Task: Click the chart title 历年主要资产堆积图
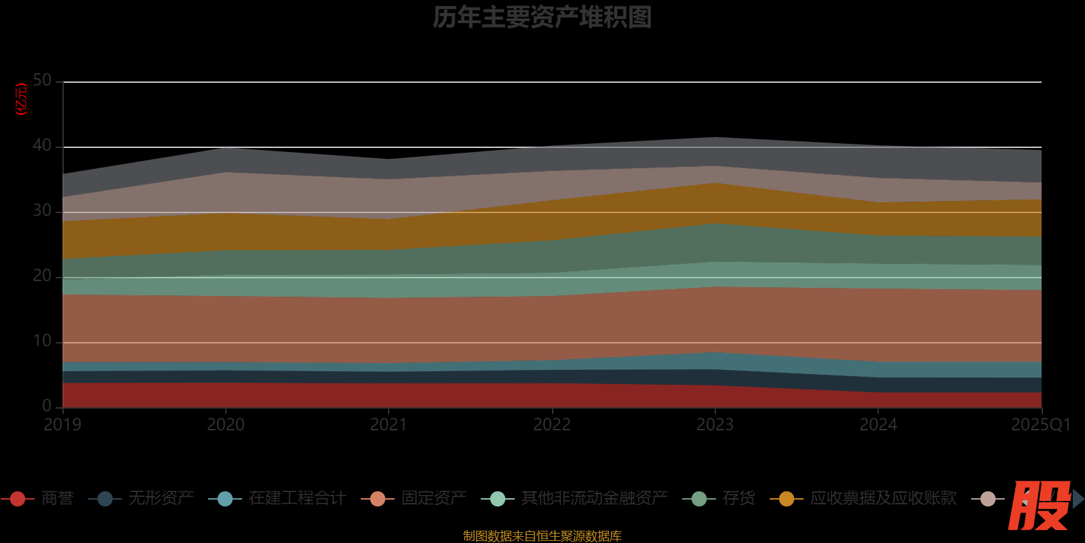pyautogui.click(x=542, y=18)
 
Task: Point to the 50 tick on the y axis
pyautogui.click(x=42, y=81)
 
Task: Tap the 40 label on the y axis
pyautogui.click(x=42, y=146)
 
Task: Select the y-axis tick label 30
pyautogui.click(x=42, y=211)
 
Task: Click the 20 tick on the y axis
pyautogui.click(x=42, y=276)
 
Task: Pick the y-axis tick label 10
pyautogui.click(x=42, y=341)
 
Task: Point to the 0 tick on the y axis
pyautogui.click(x=47, y=406)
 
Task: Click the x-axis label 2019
pyautogui.click(x=62, y=425)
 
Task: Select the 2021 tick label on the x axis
pyautogui.click(x=389, y=425)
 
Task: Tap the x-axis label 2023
pyautogui.click(x=715, y=425)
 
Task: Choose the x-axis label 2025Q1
pyautogui.click(x=1040, y=425)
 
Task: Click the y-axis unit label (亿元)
pyautogui.click(x=22, y=99)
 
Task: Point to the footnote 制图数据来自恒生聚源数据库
pyautogui.click(x=542, y=536)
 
